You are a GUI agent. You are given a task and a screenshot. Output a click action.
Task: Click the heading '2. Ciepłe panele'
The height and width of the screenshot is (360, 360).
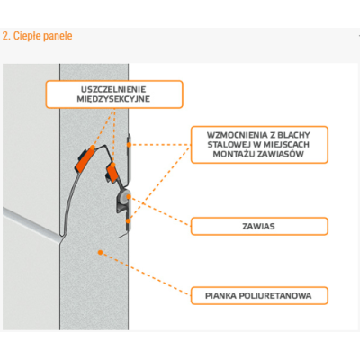click(x=38, y=36)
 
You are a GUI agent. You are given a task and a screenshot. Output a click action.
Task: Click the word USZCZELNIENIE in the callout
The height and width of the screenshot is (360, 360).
click(x=113, y=89)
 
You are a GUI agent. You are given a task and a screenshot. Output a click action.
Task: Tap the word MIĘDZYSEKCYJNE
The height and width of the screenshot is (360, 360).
click(x=113, y=99)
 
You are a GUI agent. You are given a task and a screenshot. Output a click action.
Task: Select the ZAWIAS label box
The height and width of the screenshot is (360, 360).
click(x=259, y=226)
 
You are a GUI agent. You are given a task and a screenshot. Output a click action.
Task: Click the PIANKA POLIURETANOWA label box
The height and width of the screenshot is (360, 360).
click(x=259, y=296)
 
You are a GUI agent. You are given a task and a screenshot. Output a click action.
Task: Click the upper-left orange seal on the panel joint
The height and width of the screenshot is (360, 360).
click(x=85, y=159)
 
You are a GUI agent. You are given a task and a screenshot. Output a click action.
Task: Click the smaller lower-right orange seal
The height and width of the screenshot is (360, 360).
click(x=112, y=173)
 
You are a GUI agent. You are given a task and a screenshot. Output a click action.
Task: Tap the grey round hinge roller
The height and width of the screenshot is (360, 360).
click(x=123, y=196)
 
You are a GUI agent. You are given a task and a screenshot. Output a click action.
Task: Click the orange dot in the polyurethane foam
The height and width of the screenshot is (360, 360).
click(x=101, y=253)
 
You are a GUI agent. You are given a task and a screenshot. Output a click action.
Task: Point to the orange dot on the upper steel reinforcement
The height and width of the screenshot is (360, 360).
click(x=129, y=145)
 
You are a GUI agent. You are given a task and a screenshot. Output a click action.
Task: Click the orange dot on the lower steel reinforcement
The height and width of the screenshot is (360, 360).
click(x=128, y=221)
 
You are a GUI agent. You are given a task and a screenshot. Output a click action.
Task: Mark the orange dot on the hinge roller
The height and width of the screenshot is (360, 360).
click(x=128, y=196)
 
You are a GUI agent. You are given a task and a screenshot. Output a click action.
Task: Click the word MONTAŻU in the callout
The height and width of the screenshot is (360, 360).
click(x=235, y=154)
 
